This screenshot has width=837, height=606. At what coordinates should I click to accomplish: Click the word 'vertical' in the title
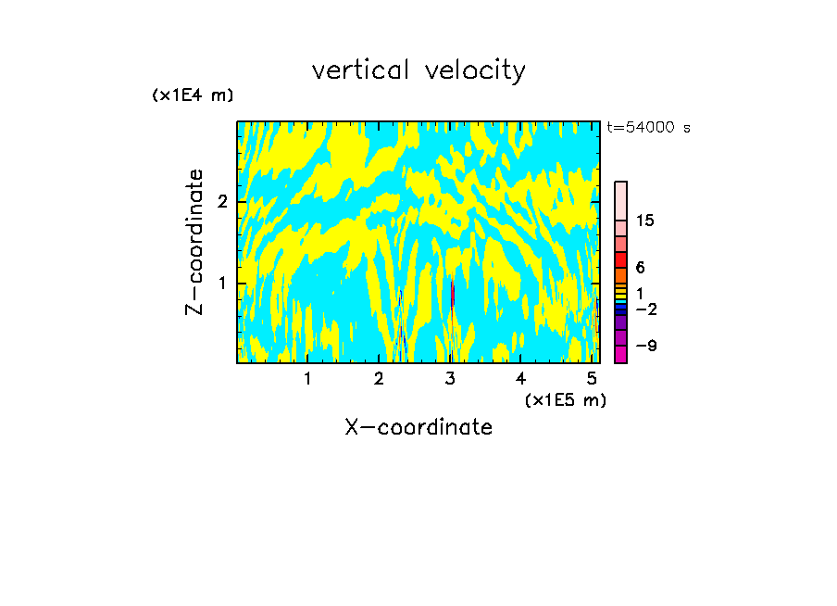(x=362, y=70)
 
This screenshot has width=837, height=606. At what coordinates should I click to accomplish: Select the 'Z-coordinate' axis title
(x=194, y=242)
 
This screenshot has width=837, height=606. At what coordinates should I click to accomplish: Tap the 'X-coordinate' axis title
(x=418, y=427)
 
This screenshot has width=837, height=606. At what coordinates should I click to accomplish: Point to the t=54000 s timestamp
(x=648, y=128)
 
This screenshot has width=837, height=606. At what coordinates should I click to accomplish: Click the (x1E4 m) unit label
(x=193, y=95)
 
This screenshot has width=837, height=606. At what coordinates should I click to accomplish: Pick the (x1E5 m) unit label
(x=565, y=399)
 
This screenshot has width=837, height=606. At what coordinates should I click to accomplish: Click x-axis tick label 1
(x=307, y=378)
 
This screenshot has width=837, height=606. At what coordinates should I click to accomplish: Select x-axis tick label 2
(x=379, y=378)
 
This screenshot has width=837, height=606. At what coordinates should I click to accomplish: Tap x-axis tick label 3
(x=450, y=378)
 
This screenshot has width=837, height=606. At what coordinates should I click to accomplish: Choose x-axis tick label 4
(x=521, y=378)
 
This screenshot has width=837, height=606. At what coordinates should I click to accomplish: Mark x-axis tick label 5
(x=592, y=378)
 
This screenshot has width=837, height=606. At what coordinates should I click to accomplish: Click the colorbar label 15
(x=645, y=221)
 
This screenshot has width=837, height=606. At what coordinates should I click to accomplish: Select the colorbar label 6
(x=640, y=268)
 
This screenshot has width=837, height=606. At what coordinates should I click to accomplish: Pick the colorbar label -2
(x=646, y=309)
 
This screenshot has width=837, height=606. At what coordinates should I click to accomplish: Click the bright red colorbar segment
(x=620, y=259)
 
